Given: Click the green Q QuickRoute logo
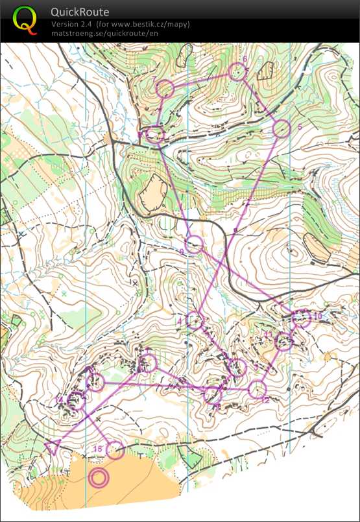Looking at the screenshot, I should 25,19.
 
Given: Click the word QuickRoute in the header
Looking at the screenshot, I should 80,12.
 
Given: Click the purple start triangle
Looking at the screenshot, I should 53,446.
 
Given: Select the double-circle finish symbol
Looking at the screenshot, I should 99,479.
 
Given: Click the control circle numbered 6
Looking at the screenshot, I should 238,72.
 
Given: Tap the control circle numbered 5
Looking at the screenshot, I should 281,129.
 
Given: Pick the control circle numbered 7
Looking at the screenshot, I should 165,88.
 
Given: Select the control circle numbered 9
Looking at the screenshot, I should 195,244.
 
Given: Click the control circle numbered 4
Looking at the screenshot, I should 194,320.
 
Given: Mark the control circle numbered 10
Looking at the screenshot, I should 301,318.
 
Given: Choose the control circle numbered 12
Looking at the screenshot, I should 258,389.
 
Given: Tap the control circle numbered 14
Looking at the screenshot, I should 76,401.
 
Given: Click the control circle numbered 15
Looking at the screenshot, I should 115,450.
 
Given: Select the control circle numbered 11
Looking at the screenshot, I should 284,341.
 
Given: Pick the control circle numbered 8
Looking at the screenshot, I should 154,134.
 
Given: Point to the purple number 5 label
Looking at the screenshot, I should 300,127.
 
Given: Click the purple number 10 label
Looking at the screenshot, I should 318,316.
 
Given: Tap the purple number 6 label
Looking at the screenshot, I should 245,60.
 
